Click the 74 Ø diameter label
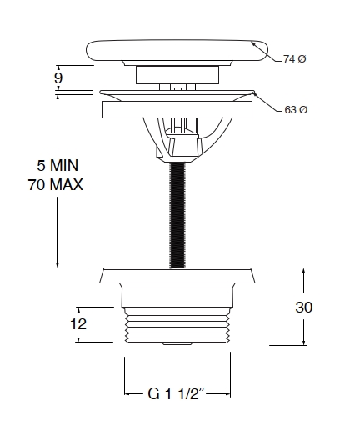tap(294, 59)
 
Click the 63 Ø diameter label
tap(296, 110)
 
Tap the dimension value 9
tap(58, 78)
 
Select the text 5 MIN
tap(57, 165)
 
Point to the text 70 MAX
tap(56, 184)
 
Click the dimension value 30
tap(304, 307)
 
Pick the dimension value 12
tap(78, 324)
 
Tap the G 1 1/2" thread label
tap(176, 393)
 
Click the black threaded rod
tap(177, 215)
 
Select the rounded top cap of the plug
tap(177, 51)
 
